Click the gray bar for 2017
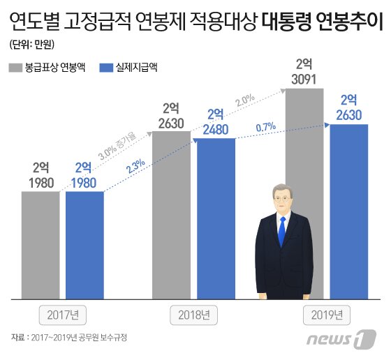click(x=40, y=244)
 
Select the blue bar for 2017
click(x=84, y=244)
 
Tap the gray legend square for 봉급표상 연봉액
click(x=15, y=68)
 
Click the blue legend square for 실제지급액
click(x=107, y=68)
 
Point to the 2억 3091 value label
click(x=304, y=72)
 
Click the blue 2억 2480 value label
click(x=216, y=121)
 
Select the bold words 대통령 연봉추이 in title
click(x=325, y=25)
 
